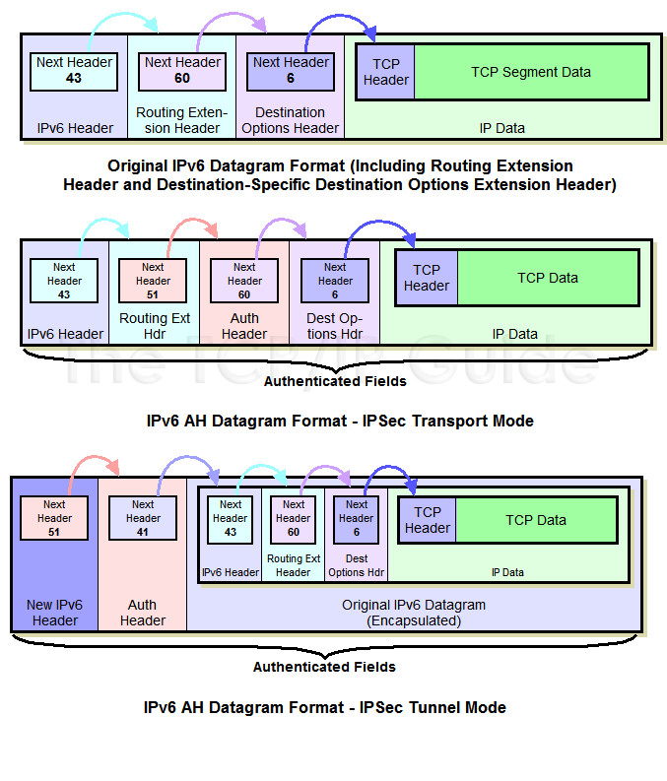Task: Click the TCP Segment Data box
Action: point(530,72)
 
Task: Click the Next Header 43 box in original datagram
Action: point(74,71)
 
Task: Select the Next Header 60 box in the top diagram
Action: point(182,71)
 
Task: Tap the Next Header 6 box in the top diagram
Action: point(291,71)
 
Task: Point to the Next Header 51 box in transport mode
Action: point(153,281)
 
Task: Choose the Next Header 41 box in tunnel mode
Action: point(143,518)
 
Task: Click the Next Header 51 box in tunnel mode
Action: point(54,518)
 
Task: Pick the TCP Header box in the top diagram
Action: point(385,72)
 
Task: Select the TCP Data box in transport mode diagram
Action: point(548,278)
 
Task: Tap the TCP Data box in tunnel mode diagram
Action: point(536,520)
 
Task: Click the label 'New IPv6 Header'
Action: point(54,613)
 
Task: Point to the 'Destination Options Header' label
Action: point(290,120)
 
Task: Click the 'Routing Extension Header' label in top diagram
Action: point(182,120)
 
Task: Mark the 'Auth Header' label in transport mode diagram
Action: point(244,326)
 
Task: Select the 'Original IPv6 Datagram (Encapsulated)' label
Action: point(414,613)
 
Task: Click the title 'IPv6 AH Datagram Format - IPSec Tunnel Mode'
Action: point(325,707)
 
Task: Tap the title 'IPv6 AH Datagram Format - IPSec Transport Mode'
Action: point(340,421)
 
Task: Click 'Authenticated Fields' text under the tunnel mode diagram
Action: point(324,667)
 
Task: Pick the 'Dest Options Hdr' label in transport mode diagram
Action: point(335,326)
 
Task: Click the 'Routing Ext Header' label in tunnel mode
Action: point(293,565)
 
